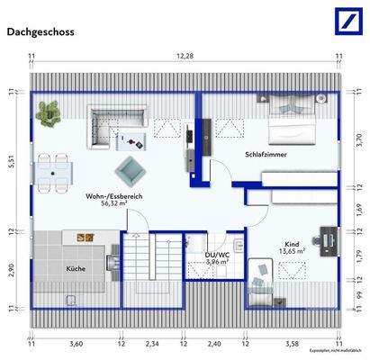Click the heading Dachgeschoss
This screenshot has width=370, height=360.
(x=41, y=31)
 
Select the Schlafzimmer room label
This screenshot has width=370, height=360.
(x=266, y=156)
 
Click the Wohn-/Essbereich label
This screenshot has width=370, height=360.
(x=114, y=196)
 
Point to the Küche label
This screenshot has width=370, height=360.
(x=76, y=269)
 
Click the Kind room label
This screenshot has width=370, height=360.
(x=292, y=244)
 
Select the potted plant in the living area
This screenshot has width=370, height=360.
(x=47, y=112)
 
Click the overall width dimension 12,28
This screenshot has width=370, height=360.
(x=185, y=57)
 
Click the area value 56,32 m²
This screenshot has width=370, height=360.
(x=114, y=204)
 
